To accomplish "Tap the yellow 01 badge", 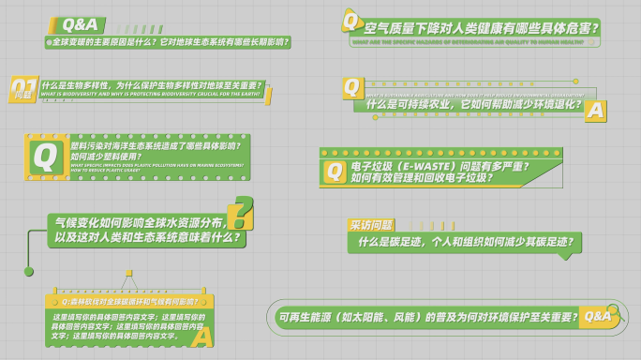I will (23, 90).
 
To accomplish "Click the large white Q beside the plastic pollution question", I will (43, 157).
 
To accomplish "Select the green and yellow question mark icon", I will (241, 214).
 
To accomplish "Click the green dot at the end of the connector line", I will (29, 271).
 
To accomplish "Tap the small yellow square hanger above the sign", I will (128, 274).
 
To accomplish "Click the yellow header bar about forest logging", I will (128, 302).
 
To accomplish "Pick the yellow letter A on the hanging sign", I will (201, 336).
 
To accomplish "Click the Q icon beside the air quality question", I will (351, 21).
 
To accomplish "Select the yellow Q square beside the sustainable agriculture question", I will (352, 87).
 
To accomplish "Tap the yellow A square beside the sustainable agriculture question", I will (595, 111).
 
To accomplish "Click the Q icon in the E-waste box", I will (335, 171).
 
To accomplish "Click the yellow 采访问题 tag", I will (371, 225).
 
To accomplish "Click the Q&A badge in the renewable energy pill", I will (597, 316).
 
